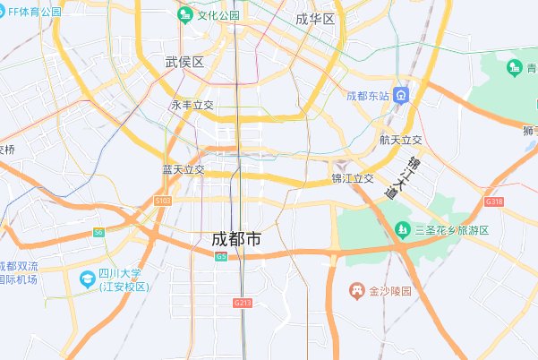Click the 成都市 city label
236,239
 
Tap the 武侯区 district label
185,62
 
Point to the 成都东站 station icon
404,96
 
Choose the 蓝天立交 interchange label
184,169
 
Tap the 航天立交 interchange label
400,141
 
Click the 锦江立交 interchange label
352,178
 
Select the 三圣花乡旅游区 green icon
402,230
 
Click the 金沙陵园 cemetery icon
355,291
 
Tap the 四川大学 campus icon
87,279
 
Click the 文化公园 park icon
185,15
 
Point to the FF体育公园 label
30,13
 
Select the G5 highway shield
221,256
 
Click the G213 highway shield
243,304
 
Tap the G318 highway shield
494,202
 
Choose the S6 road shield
98,233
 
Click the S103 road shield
162,201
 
